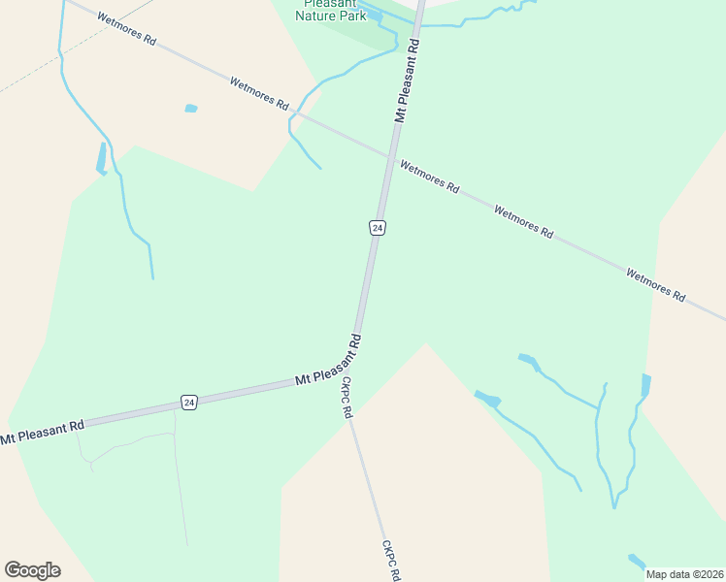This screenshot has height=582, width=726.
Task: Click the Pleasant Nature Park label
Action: tap(331, 10)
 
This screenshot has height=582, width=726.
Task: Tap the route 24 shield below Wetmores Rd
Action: tap(378, 227)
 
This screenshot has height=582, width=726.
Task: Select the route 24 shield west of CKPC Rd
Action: tap(188, 402)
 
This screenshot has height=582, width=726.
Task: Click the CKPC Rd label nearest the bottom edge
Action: tap(390, 561)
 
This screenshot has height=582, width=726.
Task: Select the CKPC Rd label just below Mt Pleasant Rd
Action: tap(346, 398)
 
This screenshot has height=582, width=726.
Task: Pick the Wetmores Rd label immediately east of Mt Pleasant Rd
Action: tap(429, 177)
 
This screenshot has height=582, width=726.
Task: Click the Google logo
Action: tap(32, 569)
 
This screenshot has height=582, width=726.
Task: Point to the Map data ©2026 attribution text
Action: tap(684, 574)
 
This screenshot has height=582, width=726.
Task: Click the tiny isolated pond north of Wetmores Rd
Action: tap(191, 108)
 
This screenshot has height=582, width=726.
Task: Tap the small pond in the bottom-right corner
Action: tap(637, 561)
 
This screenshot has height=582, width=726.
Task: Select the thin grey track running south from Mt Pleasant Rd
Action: tap(181, 485)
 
